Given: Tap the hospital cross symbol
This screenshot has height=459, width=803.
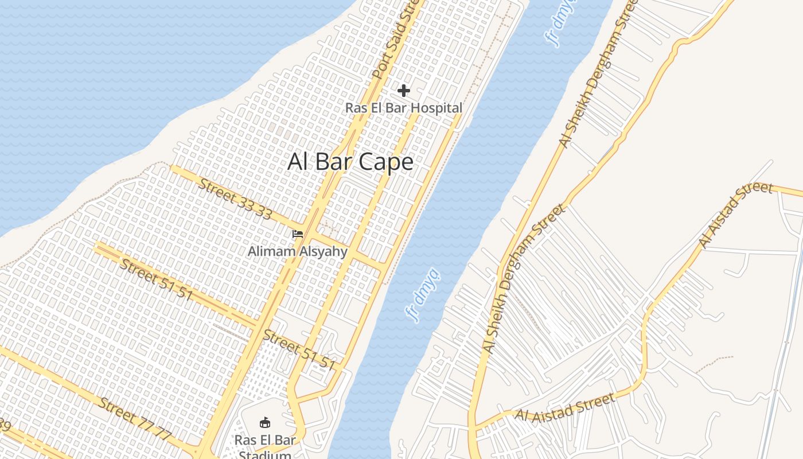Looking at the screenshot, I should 404,91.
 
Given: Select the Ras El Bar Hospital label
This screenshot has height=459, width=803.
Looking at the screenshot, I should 404,108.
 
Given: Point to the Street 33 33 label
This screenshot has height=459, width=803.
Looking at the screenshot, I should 236,199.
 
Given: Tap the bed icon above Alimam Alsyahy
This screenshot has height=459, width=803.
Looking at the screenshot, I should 297,234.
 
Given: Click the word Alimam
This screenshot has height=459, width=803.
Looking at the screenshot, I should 271,251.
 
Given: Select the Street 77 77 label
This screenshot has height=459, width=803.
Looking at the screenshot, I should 135,418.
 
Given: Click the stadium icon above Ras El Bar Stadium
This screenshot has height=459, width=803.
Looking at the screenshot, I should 265,423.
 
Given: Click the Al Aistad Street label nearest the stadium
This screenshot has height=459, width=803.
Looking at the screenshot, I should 566,407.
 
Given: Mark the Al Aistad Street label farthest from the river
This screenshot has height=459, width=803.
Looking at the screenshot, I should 736,215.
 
